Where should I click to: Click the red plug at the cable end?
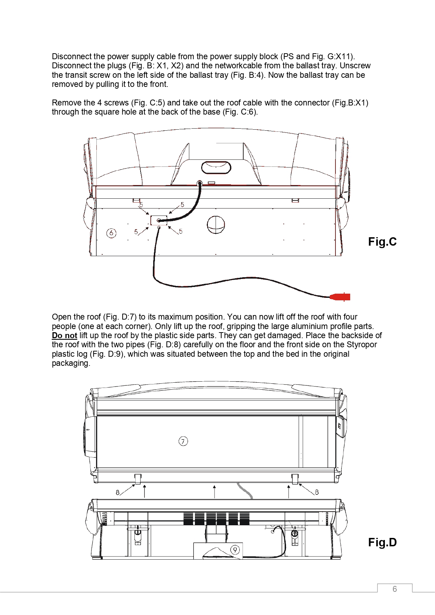pos(340,297)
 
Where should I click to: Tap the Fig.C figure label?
pos(382,242)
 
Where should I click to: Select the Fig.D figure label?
pos(382,542)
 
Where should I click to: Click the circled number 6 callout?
pos(111,233)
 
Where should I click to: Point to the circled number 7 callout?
pos(183,441)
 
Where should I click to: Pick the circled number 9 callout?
pos(235,550)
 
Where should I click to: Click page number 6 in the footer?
pos(395,589)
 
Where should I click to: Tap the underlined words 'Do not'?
pos(64,335)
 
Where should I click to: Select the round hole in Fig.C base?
pos(216,225)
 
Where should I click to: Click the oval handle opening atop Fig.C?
pos(216,167)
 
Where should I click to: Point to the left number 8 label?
pos(118,492)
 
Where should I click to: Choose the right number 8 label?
pos(317,492)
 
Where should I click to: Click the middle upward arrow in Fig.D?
pos(215,491)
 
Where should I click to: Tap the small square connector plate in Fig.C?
pos(159,220)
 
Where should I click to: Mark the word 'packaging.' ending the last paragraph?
pos(71,363)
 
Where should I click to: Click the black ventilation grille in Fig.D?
pos(216,519)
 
